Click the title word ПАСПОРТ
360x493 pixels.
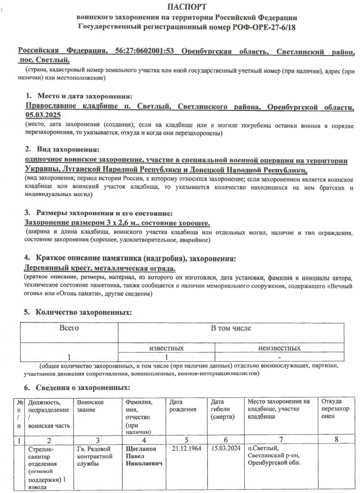pos(187,7)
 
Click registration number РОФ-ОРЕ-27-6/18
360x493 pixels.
pos(264,27)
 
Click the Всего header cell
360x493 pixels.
pos(69,328)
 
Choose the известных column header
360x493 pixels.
pos(166,348)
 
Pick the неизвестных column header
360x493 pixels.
pos(279,348)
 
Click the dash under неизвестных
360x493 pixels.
pos(280,357)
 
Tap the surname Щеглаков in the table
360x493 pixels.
pos(141,449)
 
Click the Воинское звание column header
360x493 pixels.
pos(90,406)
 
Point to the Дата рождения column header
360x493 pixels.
pos(183,406)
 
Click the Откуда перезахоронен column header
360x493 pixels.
pos(335,409)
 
